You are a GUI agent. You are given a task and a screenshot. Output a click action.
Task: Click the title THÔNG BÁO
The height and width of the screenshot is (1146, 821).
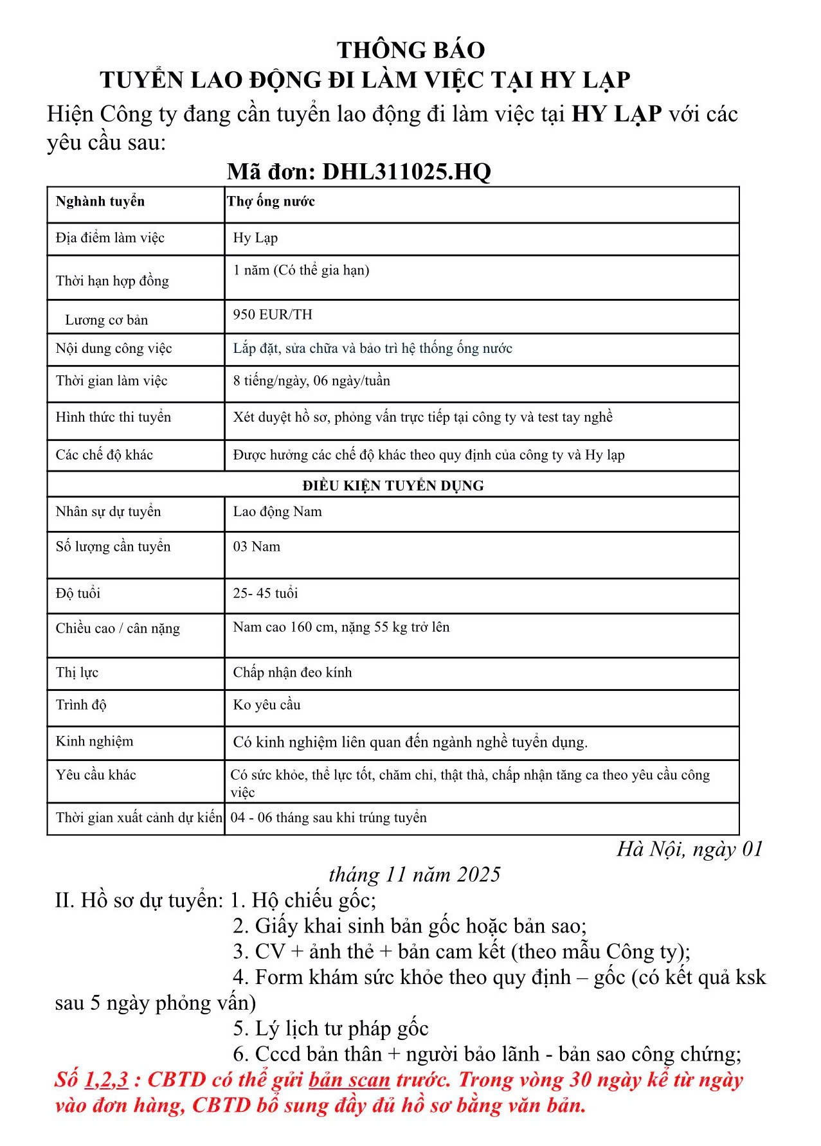point(410,50)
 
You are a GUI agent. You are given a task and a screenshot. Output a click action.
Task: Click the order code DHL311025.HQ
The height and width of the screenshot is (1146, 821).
point(406,172)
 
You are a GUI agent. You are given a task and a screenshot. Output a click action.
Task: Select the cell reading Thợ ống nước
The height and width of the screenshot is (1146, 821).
point(271,202)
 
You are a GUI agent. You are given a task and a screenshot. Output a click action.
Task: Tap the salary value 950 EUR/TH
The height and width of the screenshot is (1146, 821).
point(273,315)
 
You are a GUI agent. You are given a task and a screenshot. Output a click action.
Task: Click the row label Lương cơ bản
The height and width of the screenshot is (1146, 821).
point(106,320)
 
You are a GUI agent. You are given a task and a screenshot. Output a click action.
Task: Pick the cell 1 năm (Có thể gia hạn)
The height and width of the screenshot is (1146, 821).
point(301,271)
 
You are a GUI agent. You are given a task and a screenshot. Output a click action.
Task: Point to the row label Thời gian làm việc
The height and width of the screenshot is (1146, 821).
point(111,381)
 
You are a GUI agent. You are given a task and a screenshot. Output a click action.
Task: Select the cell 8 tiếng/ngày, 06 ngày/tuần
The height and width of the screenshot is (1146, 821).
point(311,381)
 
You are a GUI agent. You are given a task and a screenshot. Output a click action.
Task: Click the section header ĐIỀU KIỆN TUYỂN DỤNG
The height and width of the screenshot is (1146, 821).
point(393,486)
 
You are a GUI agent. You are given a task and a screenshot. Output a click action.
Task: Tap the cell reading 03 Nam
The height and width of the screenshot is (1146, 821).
point(257,547)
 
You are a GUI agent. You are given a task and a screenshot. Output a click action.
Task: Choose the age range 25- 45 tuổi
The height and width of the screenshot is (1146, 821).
point(265,593)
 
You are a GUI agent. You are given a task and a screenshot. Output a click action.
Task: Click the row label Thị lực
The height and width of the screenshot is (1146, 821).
point(77,673)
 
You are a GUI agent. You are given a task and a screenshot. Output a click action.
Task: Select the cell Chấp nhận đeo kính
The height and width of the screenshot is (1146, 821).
point(292,673)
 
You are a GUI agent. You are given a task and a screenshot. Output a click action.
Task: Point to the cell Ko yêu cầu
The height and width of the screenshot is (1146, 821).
point(266,705)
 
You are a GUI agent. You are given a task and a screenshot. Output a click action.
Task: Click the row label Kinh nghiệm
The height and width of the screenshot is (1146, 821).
point(94,742)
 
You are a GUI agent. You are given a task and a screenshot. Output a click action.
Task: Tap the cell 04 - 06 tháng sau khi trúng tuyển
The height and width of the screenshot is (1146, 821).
point(329,818)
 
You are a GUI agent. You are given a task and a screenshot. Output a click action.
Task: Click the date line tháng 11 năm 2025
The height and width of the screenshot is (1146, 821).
point(414,875)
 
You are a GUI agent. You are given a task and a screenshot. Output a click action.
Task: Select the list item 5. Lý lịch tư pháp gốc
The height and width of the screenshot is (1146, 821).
point(330,1029)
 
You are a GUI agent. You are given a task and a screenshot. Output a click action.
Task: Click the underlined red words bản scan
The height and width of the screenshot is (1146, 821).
point(349,1080)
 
